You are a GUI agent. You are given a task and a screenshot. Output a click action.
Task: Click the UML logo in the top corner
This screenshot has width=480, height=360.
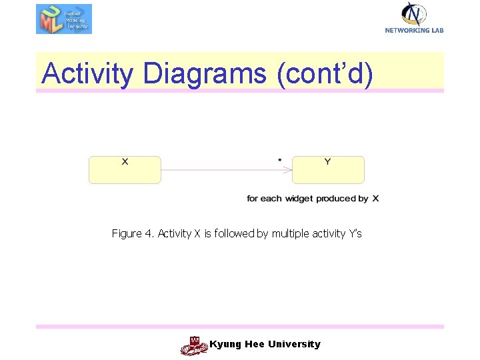coord(63,19)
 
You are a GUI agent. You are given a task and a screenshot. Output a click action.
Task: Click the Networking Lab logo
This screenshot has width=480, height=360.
coord(414,17)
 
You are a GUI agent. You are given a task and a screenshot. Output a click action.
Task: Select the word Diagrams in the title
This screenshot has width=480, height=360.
coord(204,73)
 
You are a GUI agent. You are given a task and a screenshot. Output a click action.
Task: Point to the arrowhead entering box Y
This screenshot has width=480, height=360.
coord(289,169)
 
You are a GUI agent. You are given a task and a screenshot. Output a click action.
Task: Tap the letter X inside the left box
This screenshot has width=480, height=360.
coord(125,161)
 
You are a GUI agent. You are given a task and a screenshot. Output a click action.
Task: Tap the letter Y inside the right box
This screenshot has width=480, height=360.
coord(327,161)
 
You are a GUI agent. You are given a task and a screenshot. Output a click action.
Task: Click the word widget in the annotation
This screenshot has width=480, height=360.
coord(299,199)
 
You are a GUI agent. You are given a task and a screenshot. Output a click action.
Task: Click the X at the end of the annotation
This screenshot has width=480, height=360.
coord(375,199)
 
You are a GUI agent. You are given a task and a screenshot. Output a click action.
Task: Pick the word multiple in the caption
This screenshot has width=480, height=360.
coord(290,233)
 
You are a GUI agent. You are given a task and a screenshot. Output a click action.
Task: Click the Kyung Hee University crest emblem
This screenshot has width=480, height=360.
coord(194,345)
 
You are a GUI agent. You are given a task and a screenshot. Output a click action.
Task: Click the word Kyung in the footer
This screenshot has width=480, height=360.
coord(224,344)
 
